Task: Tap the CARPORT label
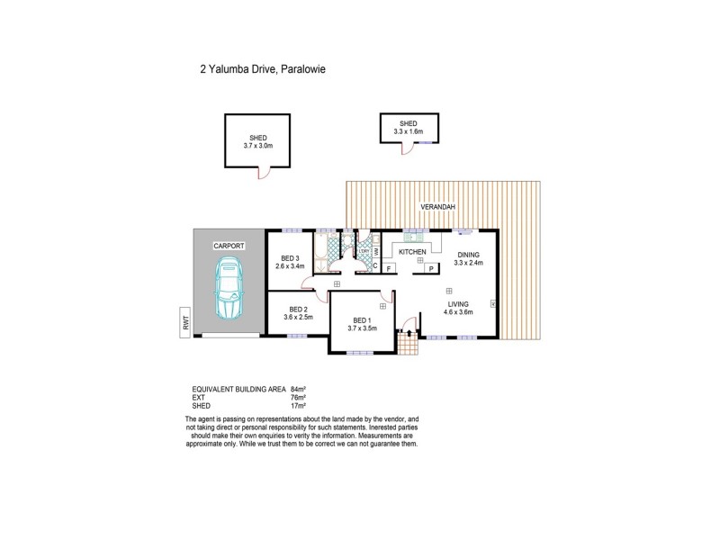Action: pyautogui.click(x=229, y=245)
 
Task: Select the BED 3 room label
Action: pyautogui.click(x=290, y=258)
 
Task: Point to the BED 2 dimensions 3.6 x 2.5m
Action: pyautogui.click(x=300, y=317)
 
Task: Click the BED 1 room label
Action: pyautogui.click(x=362, y=320)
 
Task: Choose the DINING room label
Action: pyautogui.click(x=469, y=255)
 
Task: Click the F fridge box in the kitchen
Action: pyautogui.click(x=388, y=268)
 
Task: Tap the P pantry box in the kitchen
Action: pyautogui.click(x=431, y=268)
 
